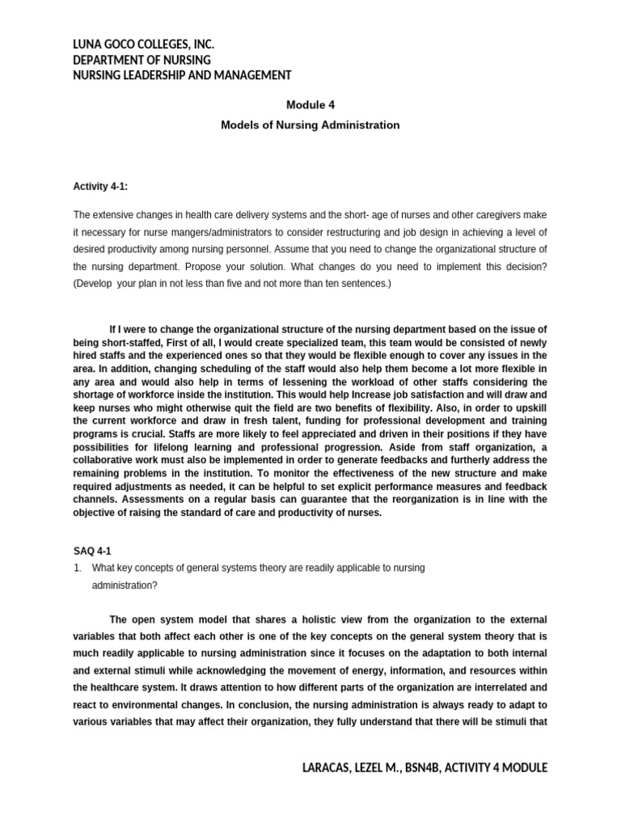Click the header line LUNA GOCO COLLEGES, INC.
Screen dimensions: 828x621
pos(143,44)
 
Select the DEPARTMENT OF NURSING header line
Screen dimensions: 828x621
pos(142,60)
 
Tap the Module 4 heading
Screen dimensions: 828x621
pos(310,104)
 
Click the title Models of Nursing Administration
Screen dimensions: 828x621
pos(310,125)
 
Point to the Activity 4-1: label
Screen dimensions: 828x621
pos(100,187)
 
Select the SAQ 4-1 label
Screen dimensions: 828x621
pos(92,551)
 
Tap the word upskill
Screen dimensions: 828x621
pos(529,408)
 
